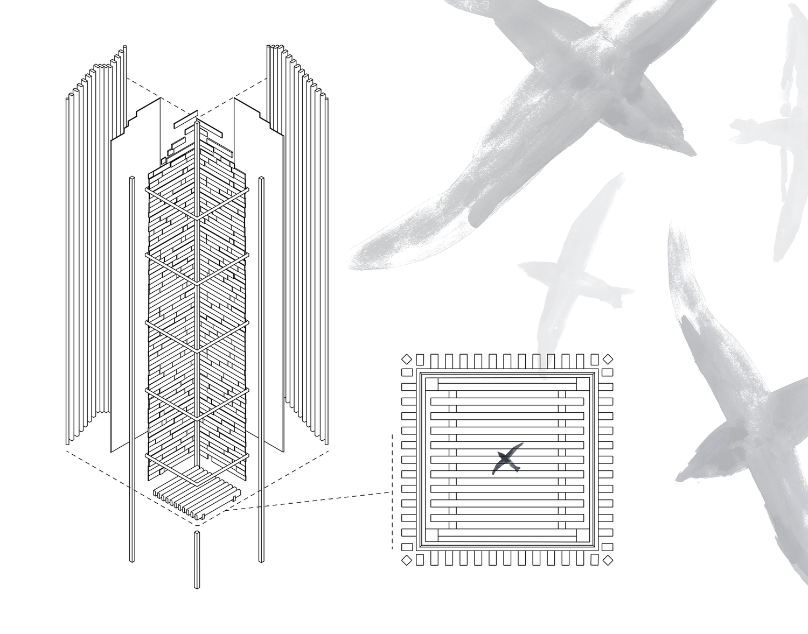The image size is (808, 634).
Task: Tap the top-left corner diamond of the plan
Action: pos(407,359)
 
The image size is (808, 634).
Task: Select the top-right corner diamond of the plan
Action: pos(608,359)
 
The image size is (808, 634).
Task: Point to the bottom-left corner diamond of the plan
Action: pos(407,560)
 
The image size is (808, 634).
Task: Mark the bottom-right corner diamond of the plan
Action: pos(608,560)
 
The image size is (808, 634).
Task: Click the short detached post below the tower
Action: pos(197,560)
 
